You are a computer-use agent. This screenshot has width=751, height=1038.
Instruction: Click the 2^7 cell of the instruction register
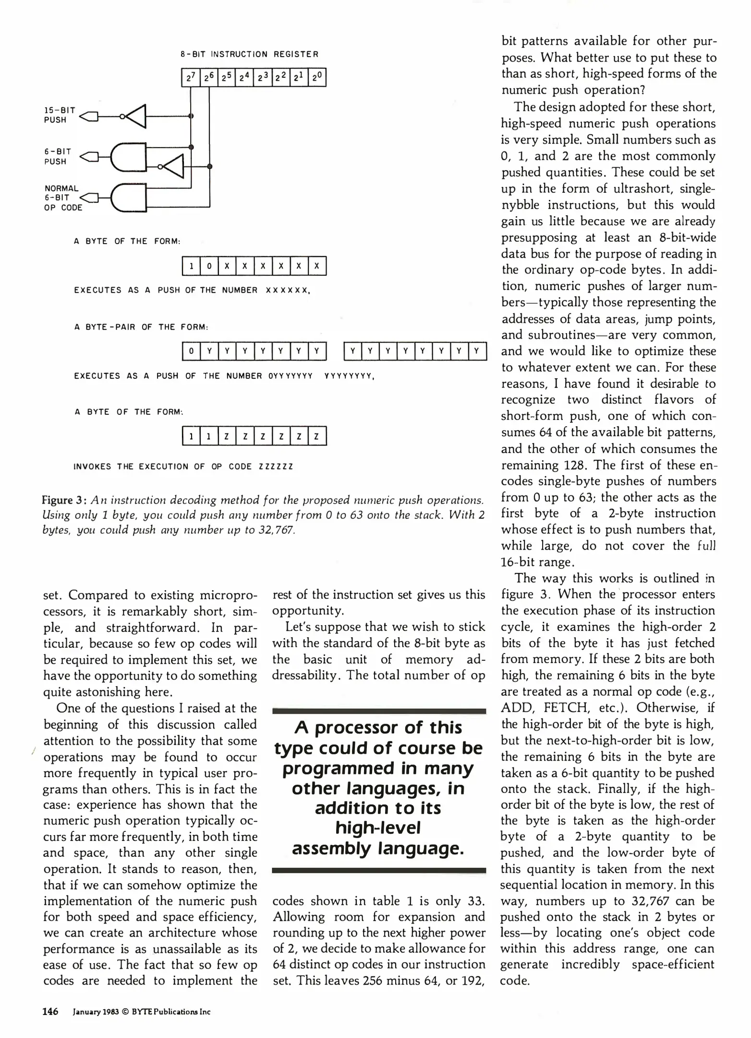pos(191,77)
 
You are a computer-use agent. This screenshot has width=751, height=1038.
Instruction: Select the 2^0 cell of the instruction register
pos(317,77)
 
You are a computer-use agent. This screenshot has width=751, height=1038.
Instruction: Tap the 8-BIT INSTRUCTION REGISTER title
pos(249,54)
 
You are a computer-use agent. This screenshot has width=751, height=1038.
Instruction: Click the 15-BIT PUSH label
pos(60,115)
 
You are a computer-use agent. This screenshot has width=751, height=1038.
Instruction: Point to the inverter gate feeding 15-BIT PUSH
pos(135,116)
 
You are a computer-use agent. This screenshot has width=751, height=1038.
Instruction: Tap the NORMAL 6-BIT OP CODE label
pos(62,198)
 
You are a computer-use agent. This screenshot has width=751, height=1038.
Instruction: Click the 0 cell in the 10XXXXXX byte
pos(209,266)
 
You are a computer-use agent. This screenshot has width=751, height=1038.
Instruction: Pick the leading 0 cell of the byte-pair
pos(191,351)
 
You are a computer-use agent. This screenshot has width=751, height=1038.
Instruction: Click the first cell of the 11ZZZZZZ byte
pos(191,436)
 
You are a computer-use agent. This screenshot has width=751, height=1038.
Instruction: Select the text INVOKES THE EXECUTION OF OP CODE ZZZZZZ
pos(183,467)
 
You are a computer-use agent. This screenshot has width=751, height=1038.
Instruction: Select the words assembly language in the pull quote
pos(378,849)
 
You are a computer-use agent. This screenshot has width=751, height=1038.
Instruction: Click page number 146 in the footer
pos(50,1012)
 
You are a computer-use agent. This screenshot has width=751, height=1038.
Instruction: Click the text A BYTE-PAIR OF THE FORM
pos(141,327)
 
